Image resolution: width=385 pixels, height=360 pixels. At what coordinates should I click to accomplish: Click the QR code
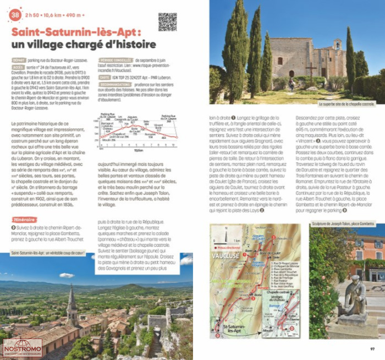(x=168, y=23)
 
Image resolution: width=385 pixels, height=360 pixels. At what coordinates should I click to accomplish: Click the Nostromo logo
(x=23, y=348)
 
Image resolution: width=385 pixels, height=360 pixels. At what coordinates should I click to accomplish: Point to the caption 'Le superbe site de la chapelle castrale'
(x=346, y=103)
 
